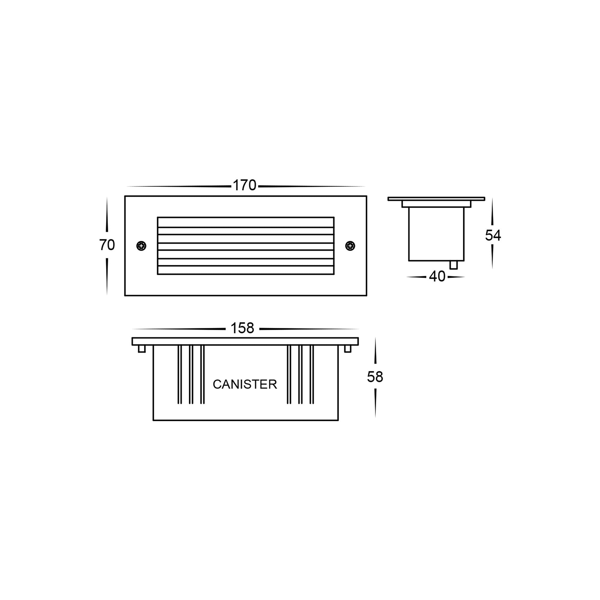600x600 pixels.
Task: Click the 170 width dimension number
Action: click(244, 185)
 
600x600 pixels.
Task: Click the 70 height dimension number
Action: click(107, 245)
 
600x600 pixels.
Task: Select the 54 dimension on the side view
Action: click(493, 235)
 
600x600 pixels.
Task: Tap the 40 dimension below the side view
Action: click(437, 276)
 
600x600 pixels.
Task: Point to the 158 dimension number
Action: click(242, 328)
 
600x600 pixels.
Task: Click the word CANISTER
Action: click(245, 385)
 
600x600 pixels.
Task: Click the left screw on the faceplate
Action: click(141, 246)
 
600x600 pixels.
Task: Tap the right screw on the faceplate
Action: click(350, 246)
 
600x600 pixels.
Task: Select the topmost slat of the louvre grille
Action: click(246, 222)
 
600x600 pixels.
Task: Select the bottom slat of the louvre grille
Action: click(246, 270)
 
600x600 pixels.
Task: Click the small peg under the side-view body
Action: click(453, 265)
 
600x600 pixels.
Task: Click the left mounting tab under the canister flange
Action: click(142, 349)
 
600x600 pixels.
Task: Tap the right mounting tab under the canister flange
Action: click(348, 349)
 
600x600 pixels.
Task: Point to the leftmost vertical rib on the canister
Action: click(179, 374)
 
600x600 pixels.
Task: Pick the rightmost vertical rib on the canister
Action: click(312, 374)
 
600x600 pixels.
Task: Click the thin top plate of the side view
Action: click(436, 199)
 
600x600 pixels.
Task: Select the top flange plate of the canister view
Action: click(245, 341)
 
